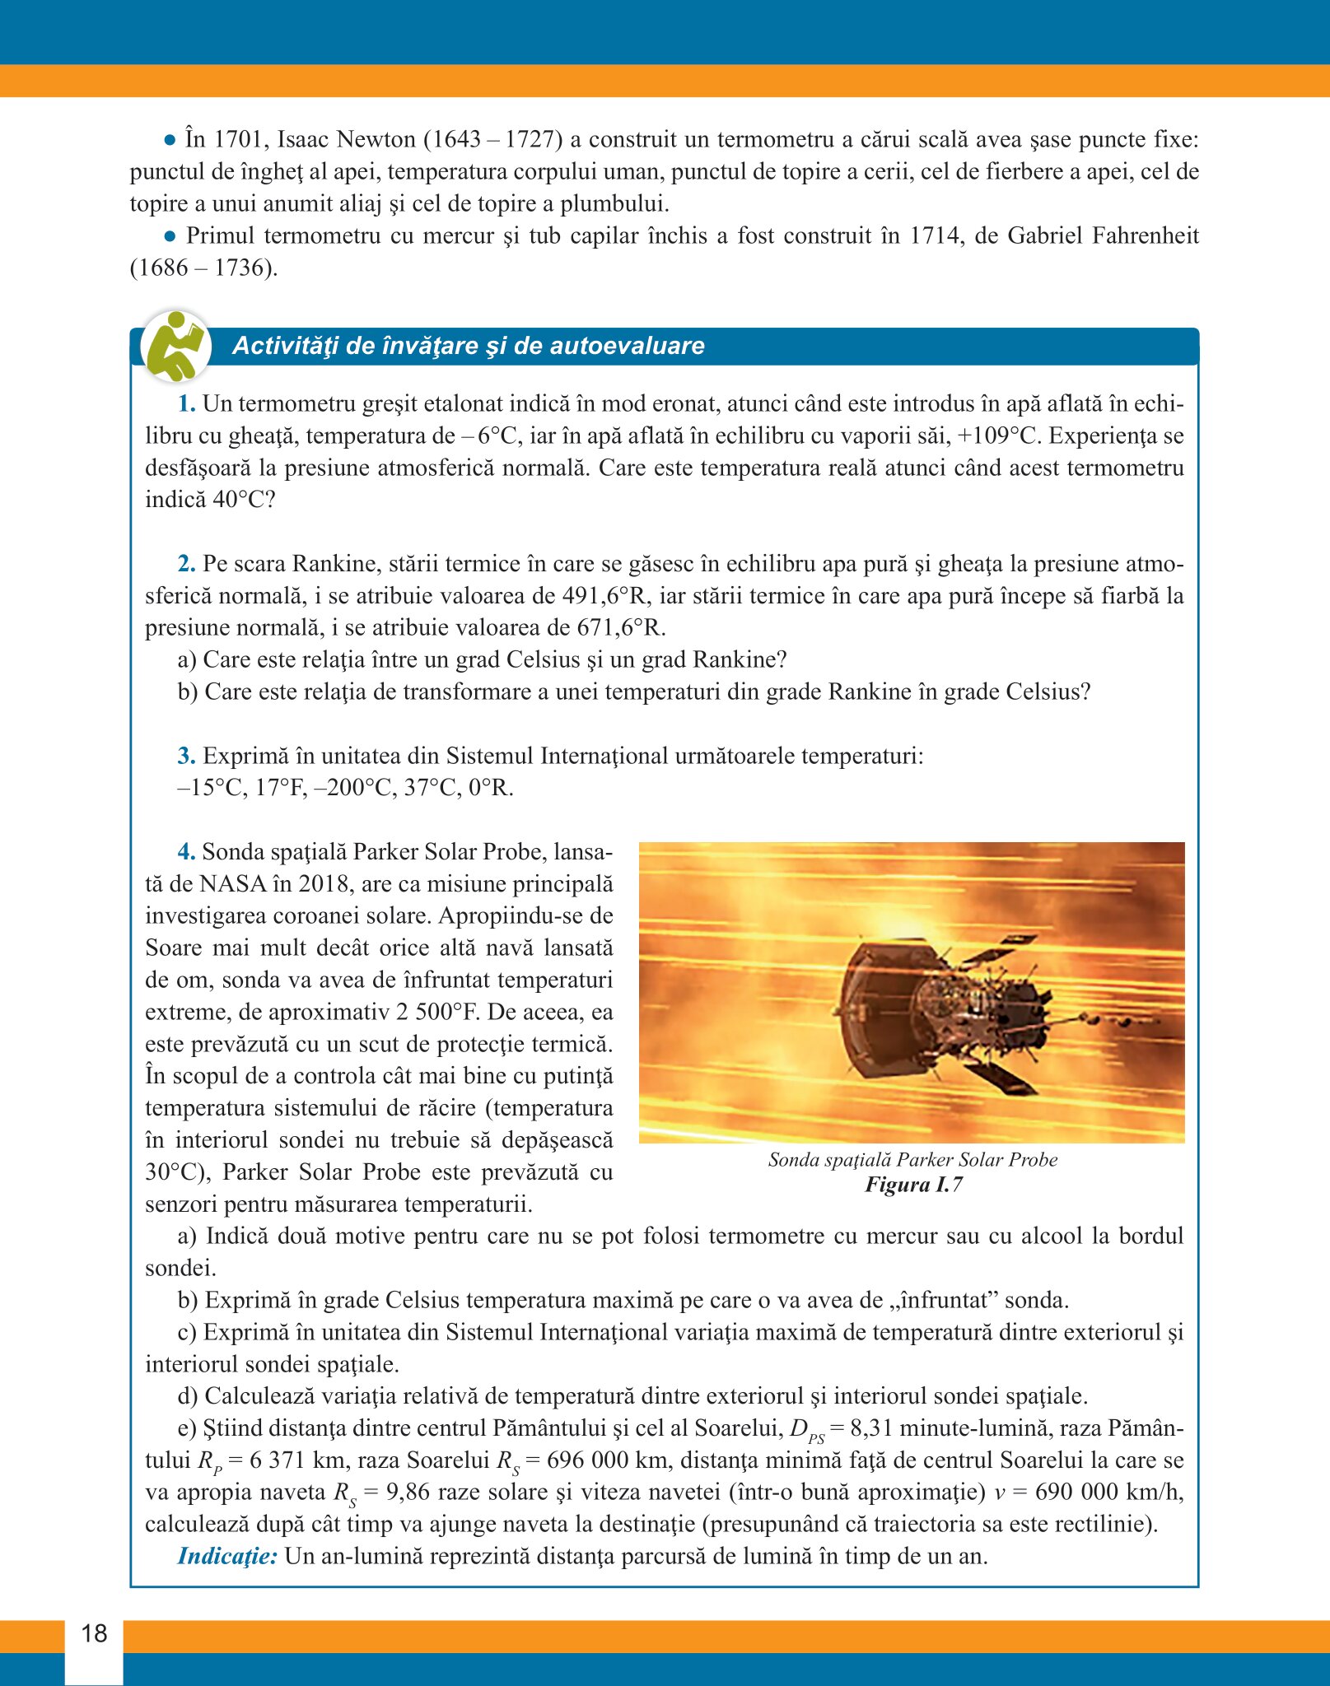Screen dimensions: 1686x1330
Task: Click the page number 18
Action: click(94, 1633)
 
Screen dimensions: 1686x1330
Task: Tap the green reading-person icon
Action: click(175, 346)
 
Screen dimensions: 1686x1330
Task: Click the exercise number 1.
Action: click(186, 403)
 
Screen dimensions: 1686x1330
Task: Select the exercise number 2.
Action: click(186, 564)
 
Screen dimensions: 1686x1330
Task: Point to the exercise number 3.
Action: click(186, 756)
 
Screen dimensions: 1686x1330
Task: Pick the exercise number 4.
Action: click(186, 851)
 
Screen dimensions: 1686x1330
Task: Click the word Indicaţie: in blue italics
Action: click(227, 1556)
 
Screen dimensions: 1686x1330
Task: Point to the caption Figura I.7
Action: click(912, 1185)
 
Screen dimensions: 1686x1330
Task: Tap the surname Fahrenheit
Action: click(1145, 235)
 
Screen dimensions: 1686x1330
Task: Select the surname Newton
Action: click(376, 139)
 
